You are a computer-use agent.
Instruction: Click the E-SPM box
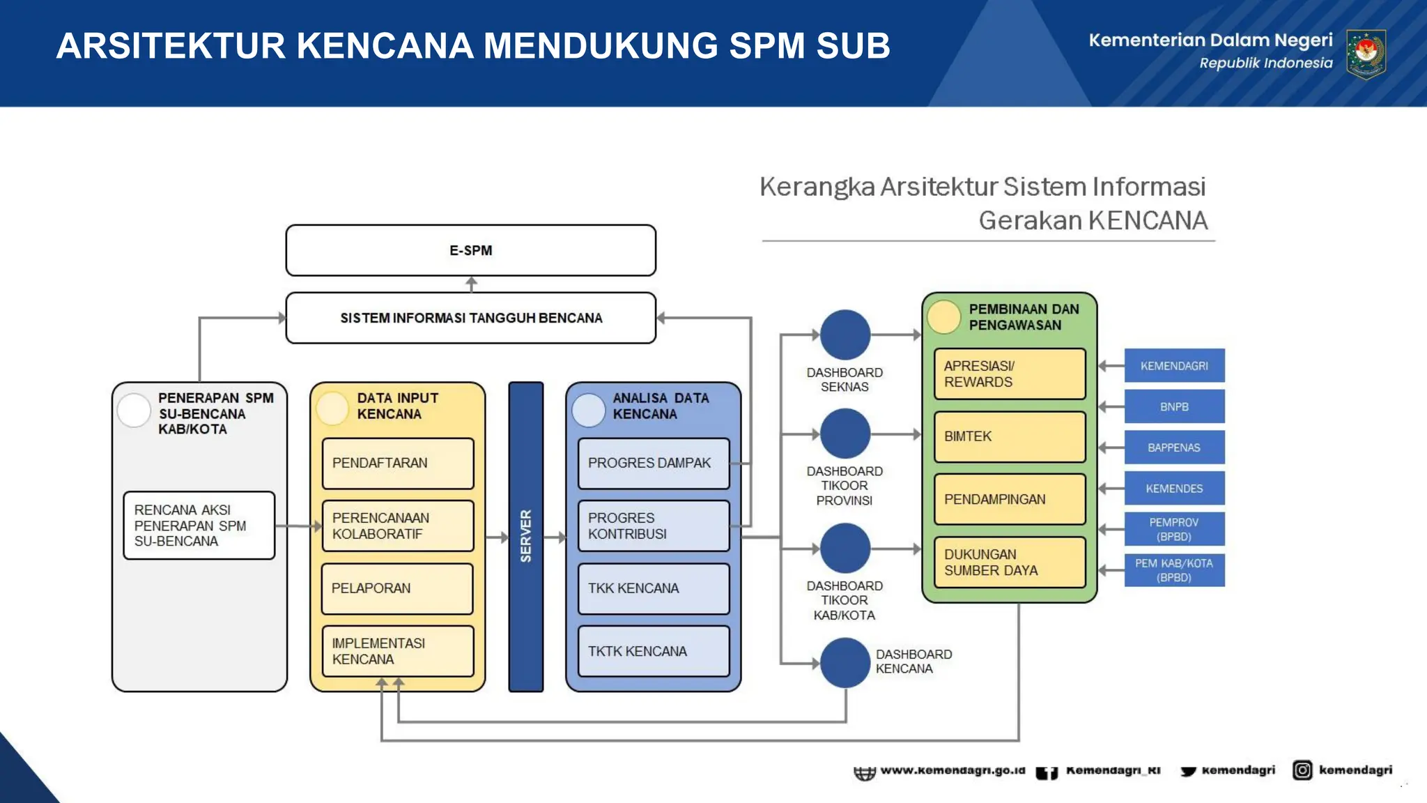470,250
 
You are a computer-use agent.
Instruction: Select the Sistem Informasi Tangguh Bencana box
470,318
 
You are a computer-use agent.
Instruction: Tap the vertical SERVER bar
525,536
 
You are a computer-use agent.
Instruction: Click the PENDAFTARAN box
397,463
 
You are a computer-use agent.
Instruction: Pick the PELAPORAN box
397,588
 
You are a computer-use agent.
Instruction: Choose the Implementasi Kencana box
397,651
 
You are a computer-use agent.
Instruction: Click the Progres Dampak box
654,463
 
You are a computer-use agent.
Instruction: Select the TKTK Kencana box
654,651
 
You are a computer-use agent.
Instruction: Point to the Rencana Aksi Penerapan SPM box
199,526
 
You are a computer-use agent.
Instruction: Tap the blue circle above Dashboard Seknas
845,335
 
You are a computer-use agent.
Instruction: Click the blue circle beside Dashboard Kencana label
845,662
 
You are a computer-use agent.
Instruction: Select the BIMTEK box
1010,436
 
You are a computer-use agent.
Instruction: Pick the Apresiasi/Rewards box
1010,374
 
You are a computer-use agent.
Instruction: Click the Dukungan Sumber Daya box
1010,562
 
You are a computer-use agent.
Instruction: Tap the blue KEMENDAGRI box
1174,365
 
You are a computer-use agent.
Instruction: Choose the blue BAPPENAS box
1174,448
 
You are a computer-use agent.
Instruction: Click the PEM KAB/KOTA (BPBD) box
1174,570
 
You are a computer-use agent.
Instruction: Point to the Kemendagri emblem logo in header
1366,54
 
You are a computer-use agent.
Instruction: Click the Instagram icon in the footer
1302,770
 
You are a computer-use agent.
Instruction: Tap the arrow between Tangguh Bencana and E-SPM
472,284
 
